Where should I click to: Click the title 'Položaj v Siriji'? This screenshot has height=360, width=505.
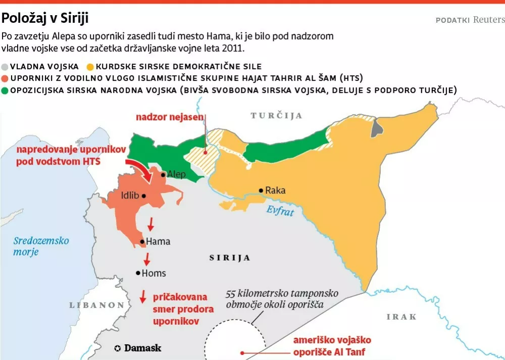(x=45, y=19)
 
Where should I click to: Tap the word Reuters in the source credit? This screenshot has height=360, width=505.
(x=488, y=20)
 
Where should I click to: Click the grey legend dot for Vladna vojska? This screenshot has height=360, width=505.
(x=5, y=67)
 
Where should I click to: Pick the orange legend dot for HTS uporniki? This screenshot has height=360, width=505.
(x=5, y=78)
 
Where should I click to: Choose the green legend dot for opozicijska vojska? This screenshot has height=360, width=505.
(x=5, y=90)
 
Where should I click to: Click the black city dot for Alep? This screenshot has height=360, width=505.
(x=163, y=175)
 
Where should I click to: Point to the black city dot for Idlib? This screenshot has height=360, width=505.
(x=144, y=196)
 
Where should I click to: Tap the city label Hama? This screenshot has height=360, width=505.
(x=158, y=242)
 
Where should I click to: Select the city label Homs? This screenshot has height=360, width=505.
(x=154, y=273)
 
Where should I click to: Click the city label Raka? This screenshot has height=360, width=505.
(x=276, y=190)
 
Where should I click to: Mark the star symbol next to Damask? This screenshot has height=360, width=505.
(x=118, y=348)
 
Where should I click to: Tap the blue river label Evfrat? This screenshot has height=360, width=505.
(x=280, y=211)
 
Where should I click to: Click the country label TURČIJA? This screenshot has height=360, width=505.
(x=276, y=116)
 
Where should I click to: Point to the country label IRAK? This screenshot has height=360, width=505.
(x=401, y=317)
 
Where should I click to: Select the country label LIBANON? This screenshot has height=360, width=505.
(x=97, y=305)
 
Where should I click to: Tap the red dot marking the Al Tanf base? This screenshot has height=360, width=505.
(x=242, y=353)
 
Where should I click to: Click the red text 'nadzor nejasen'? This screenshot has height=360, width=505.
(x=170, y=117)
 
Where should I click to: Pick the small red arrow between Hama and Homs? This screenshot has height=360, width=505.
(x=147, y=259)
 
